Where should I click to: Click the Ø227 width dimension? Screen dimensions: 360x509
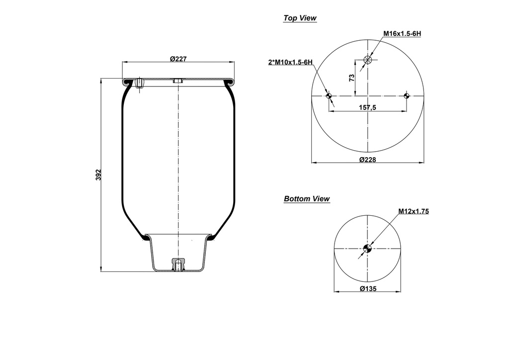point(178,59)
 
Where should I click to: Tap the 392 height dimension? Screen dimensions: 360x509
point(98,175)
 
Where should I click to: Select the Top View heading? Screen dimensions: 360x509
point(300,18)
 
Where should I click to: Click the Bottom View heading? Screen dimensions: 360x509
point(307,199)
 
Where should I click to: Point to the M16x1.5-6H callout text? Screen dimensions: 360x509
point(402,33)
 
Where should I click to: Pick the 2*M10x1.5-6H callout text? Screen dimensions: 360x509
point(290,62)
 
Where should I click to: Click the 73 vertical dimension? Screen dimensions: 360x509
point(351,78)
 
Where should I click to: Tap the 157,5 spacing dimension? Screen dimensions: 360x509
point(367,107)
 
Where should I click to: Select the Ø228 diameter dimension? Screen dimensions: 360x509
point(367,159)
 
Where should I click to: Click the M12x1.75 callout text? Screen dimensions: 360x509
point(413,211)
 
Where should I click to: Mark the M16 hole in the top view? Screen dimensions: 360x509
point(368,60)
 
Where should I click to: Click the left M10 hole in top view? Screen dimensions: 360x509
point(329,96)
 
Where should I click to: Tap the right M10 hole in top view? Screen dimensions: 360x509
point(407,96)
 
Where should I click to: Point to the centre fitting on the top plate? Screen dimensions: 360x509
point(178,81)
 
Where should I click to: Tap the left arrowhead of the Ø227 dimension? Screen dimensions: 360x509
point(124,62)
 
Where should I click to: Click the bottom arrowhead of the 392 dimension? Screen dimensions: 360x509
point(102,270)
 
